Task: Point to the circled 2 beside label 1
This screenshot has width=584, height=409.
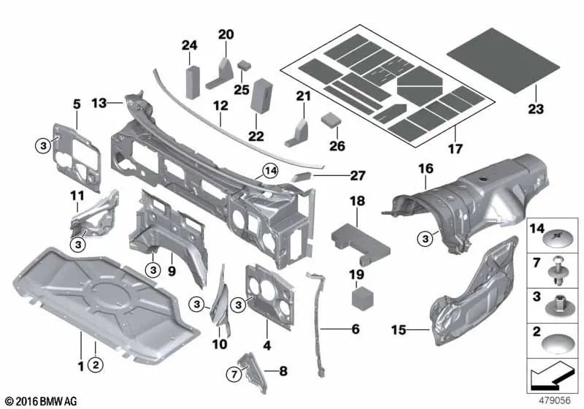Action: [95, 362]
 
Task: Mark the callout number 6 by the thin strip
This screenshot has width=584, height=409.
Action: [355, 329]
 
